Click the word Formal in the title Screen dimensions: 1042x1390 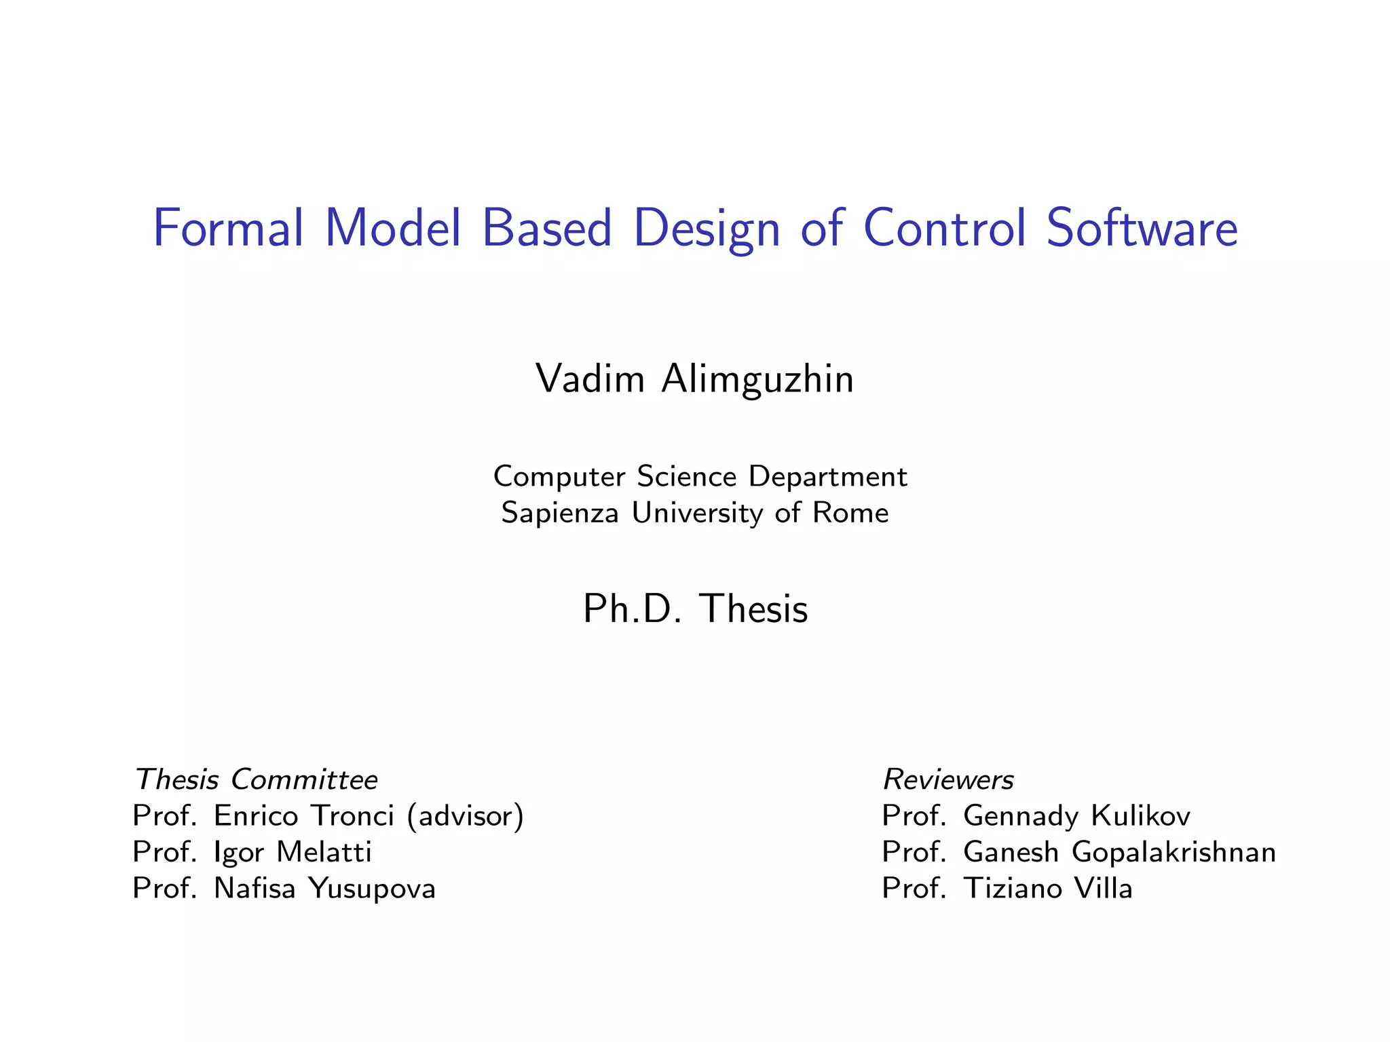tap(228, 229)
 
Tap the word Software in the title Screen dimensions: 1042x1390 tap(1142, 229)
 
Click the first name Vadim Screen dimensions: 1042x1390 tap(590, 379)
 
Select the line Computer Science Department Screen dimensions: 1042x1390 tap(700, 477)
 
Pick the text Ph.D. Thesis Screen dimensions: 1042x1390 tap(695, 609)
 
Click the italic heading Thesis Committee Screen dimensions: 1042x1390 tap(256, 779)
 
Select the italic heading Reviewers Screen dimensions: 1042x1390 tap(947, 780)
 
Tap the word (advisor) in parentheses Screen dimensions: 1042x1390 tap(466, 816)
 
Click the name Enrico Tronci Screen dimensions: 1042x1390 tap(303, 816)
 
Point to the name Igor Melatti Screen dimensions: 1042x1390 tap(293, 853)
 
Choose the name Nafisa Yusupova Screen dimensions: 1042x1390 tap(324, 889)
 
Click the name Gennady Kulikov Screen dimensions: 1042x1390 tap(1076, 816)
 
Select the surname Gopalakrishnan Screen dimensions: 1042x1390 tap(1173, 853)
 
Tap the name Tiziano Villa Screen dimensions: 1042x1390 tap(1048, 889)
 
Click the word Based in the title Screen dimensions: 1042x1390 tap(547, 229)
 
